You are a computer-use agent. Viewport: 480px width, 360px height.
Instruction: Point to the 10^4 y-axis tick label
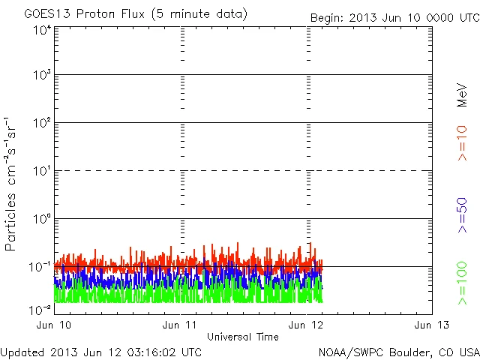click(41, 29)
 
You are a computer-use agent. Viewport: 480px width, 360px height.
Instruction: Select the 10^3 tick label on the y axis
click(41, 75)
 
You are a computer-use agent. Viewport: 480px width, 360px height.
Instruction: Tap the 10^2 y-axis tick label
click(41, 123)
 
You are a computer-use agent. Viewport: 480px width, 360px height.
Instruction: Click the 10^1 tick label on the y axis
click(41, 171)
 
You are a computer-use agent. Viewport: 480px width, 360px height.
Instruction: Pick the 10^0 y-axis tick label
click(41, 219)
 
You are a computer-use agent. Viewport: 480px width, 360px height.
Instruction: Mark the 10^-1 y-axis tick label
click(40, 267)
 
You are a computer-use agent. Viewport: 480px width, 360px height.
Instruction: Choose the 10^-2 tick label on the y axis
click(40, 308)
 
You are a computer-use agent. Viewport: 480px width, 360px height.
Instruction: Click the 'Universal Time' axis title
click(242, 337)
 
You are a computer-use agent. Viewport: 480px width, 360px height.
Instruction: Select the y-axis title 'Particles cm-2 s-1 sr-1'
click(12, 183)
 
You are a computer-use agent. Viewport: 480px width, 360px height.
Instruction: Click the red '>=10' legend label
click(463, 142)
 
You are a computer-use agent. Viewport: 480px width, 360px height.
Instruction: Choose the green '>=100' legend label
click(463, 283)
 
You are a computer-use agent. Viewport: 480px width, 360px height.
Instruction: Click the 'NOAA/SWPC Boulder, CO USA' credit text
click(398, 352)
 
